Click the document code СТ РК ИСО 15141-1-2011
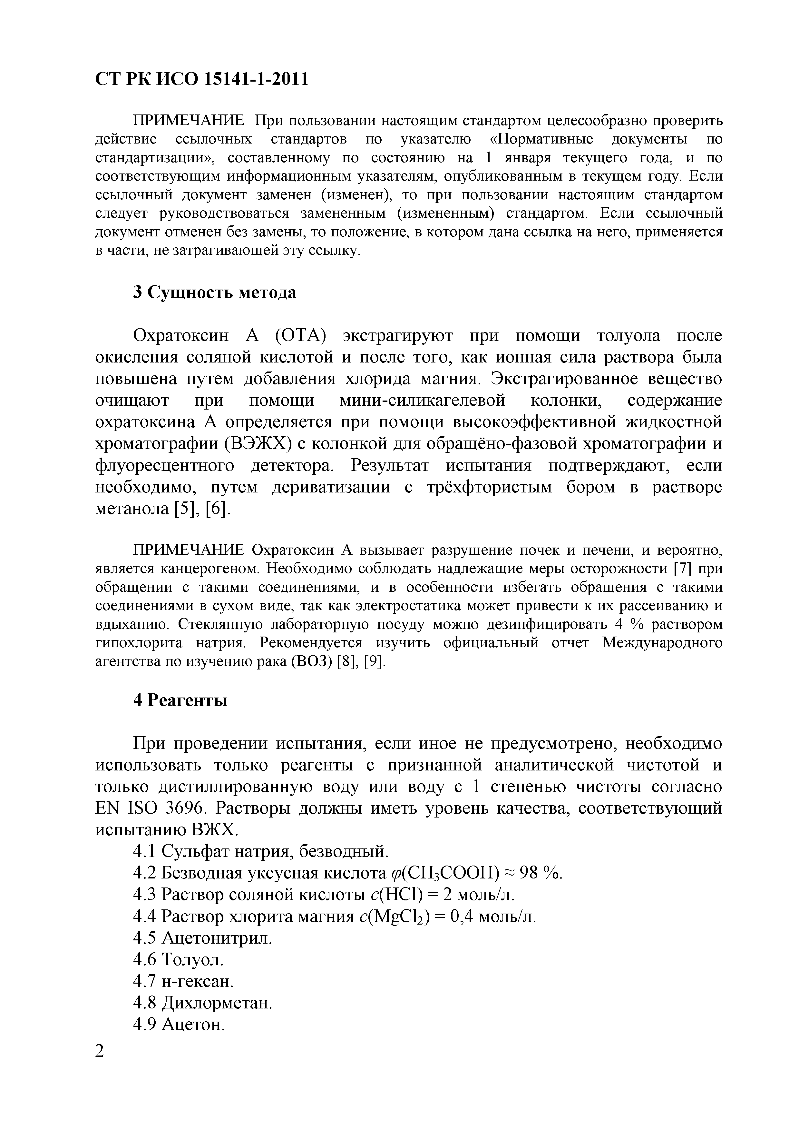[202, 79]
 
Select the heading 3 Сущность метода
[215, 292]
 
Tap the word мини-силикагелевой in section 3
[422, 401]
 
